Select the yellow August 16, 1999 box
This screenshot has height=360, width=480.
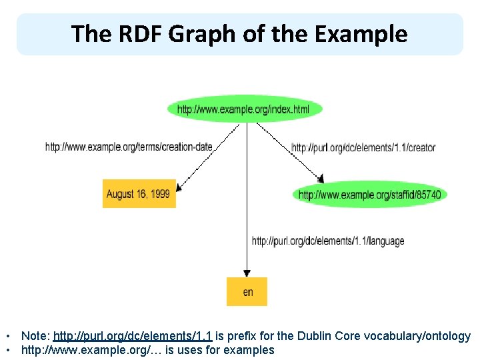[x=139, y=194]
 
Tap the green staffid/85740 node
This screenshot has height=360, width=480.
[x=369, y=195]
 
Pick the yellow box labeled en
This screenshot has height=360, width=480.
[x=247, y=291]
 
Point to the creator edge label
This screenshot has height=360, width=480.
[x=363, y=147]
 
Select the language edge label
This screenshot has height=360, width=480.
[x=327, y=241]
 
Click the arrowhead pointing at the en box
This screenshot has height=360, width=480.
[x=247, y=273]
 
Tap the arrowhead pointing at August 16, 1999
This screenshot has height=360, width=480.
[x=180, y=188]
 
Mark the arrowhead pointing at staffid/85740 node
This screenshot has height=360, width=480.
[x=321, y=178]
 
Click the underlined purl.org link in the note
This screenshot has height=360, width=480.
[x=132, y=337]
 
